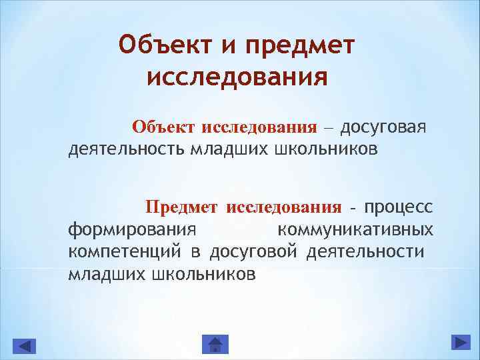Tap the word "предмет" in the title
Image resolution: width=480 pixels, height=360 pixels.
[302, 45]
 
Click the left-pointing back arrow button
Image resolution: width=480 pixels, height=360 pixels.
[25, 345]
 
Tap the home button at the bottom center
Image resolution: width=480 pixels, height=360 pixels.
[215, 344]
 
